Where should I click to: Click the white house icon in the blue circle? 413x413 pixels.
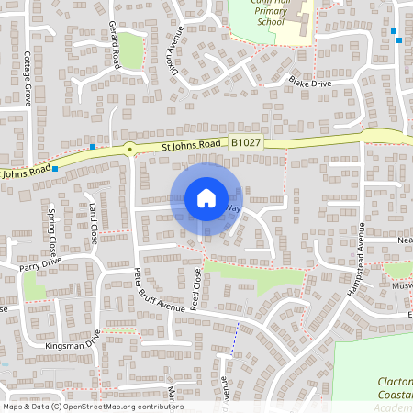point(206,198)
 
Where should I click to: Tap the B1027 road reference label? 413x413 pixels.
point(244,143)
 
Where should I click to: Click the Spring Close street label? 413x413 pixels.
point(51,238)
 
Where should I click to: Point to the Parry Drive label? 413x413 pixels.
point(39,266)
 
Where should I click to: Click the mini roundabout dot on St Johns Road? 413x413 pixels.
point(130,148)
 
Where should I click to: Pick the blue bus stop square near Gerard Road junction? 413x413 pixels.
point(93,147)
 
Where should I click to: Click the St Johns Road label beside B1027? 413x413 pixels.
point(191,144)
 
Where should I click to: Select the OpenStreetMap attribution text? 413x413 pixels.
point(92,407)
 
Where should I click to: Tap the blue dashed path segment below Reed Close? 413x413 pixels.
point(234,342)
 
